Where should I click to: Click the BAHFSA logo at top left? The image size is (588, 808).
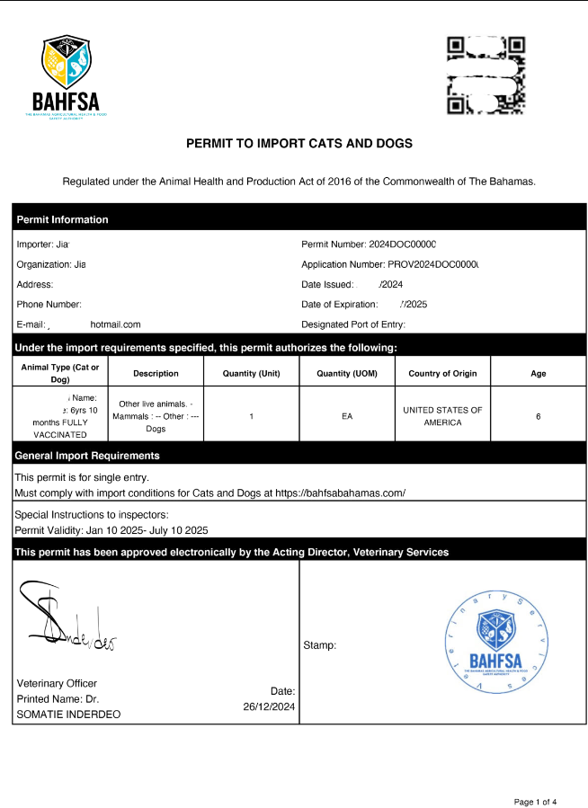[x=66, y=79]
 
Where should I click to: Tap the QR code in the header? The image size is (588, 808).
[x=486, y=76]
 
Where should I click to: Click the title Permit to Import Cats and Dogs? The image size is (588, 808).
[x=298, y=144]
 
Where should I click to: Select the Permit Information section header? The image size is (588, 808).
[x=63, y=219]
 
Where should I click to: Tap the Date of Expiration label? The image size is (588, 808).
[x=340, y=304]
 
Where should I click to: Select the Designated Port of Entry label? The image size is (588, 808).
[x=353, y=324]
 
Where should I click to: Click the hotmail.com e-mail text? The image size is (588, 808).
[x=115, y=324]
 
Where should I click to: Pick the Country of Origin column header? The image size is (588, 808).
[x=442, y=373]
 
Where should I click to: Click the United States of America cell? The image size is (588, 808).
[x=442, y=416]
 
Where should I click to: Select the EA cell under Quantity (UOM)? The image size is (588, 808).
[x=347, y=416]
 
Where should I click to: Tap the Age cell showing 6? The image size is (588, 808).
[x=538, y=416]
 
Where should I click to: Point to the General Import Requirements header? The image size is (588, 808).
[x=87, y=456]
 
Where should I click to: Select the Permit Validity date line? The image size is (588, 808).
[x=111, y=530]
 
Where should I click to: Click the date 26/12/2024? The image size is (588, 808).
[x=269, y=706]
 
